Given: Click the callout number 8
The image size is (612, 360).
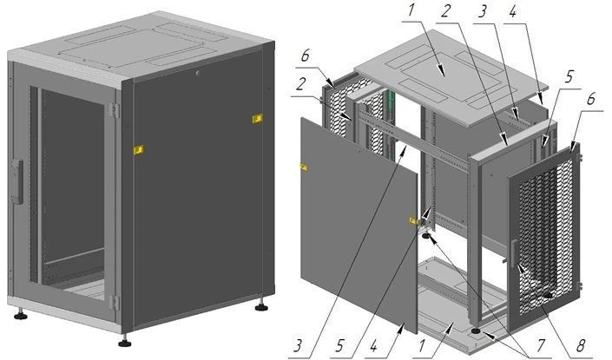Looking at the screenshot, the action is pos(581,344).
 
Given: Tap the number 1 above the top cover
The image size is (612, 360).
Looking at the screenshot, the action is pos(411,10).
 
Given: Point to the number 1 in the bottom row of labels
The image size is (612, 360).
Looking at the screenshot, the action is pos(422,344).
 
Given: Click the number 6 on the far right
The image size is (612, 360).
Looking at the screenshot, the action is pos(590,99).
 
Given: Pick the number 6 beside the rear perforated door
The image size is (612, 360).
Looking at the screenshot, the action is pos(306,56).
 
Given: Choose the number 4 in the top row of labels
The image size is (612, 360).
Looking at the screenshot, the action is pos(512,11).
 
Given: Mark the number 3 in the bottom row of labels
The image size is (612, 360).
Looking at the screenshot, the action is pos(299,344).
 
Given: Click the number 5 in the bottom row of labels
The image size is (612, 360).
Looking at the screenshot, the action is pos(340,344).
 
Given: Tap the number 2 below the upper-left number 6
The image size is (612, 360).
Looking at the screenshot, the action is pos(300,84).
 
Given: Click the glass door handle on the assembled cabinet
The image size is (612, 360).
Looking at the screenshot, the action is pos(17,181).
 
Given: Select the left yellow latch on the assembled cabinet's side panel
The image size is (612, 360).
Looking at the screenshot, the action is pos(139,150).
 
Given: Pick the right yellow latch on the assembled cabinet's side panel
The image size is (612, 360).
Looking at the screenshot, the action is pos(257,118).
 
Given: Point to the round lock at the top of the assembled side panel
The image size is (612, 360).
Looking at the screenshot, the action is pos(198,73).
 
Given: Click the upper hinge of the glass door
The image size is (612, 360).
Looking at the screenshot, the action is pos(114,110).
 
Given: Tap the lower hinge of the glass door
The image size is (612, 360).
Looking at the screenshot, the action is pos(114,302).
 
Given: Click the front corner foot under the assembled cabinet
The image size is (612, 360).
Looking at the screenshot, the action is pos(124,342).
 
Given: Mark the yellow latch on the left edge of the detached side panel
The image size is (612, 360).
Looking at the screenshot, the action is pos(304,167).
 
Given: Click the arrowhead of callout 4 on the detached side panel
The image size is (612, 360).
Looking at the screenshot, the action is pos(400,329).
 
